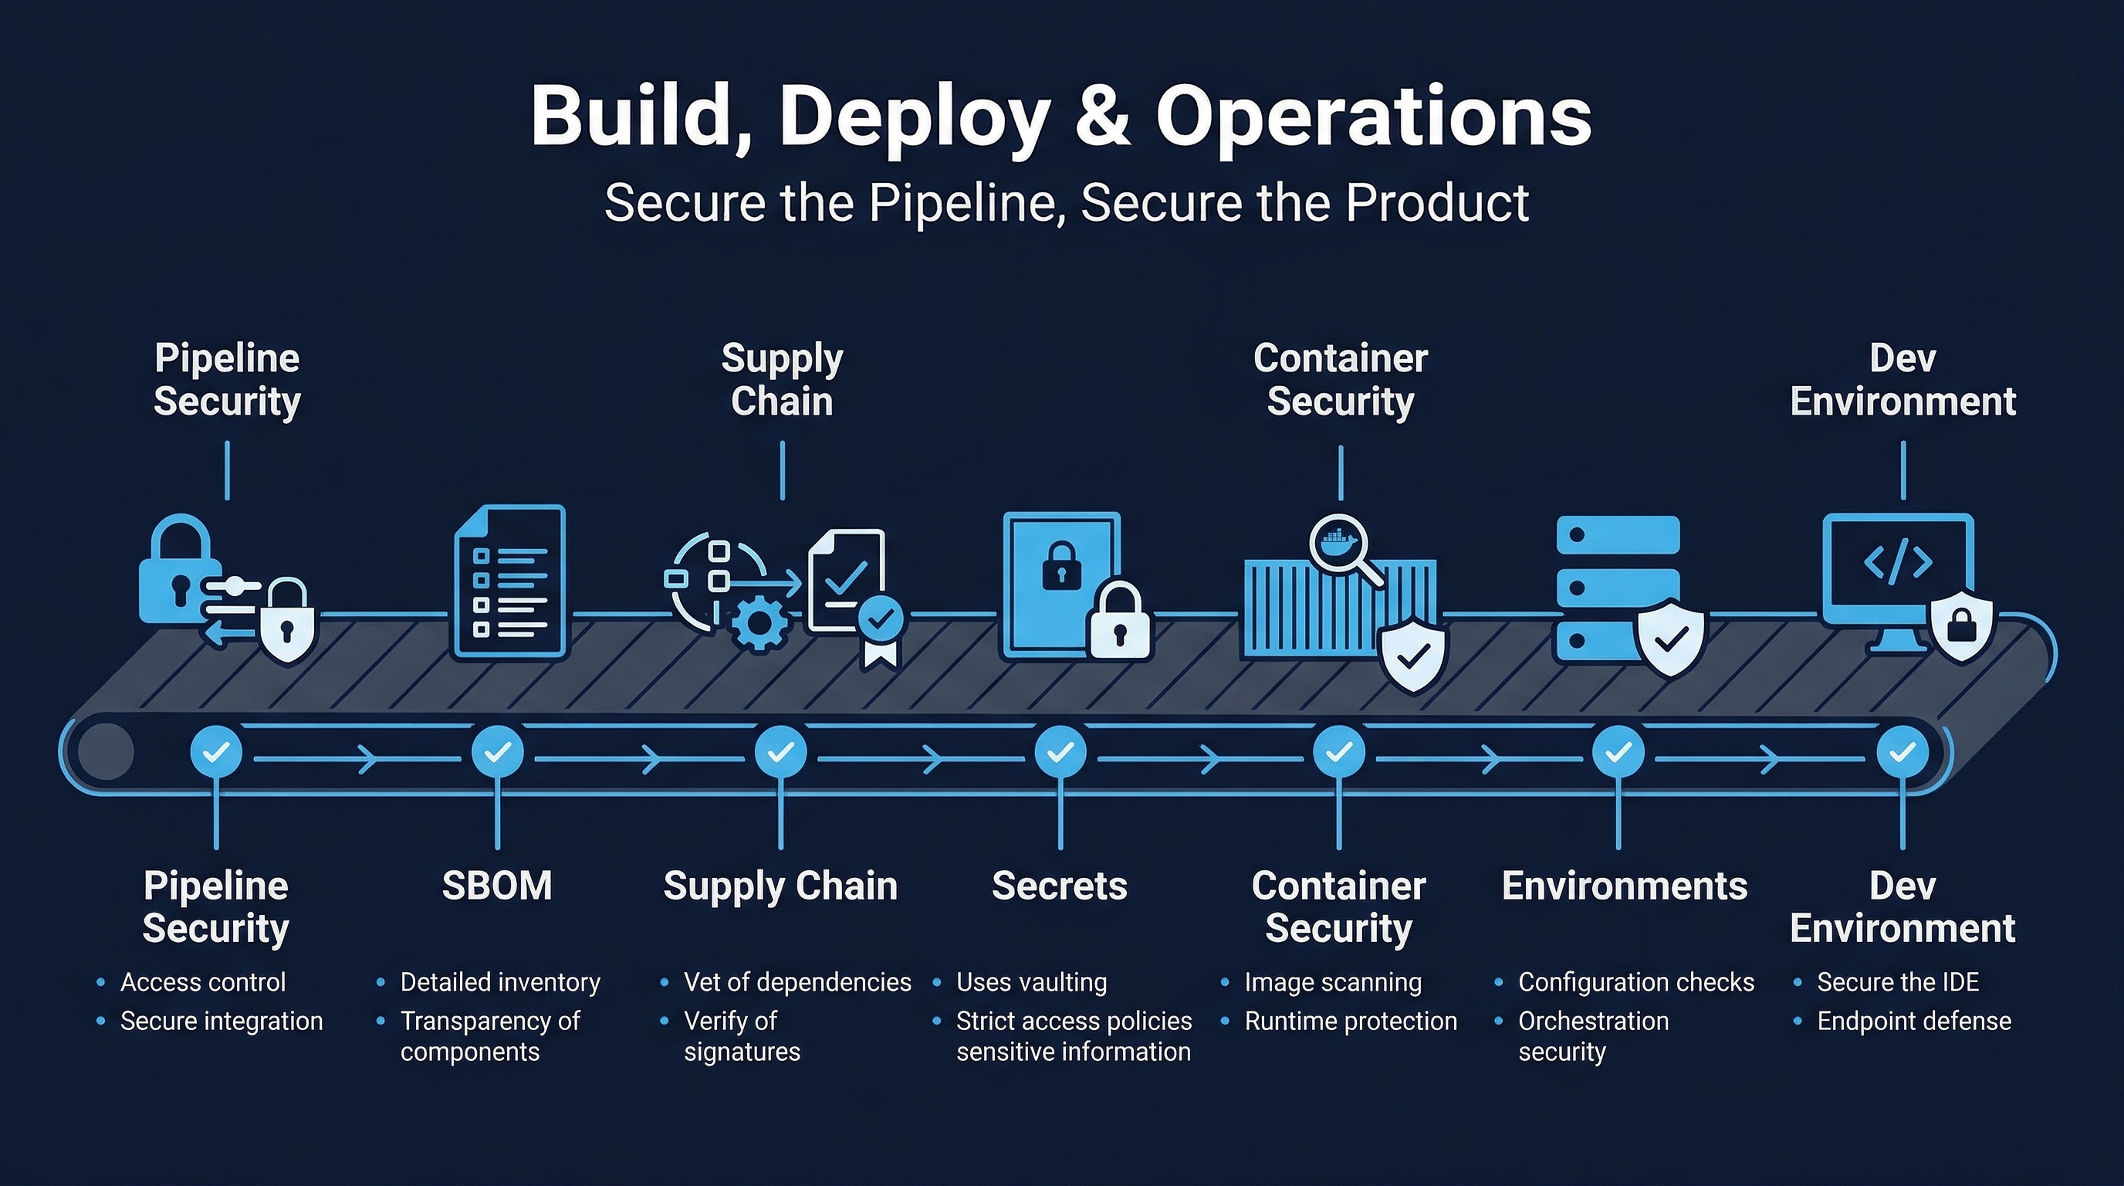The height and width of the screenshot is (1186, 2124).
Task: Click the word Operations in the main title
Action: (1373, 117)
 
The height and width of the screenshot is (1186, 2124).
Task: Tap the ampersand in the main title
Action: (1103, 117)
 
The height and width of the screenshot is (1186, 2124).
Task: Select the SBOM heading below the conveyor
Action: (496, 886)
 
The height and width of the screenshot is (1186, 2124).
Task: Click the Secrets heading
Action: (1060, 886)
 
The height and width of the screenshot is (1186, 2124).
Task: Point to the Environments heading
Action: (1625, 886)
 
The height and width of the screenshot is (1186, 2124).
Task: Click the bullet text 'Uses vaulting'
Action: (1030, 982)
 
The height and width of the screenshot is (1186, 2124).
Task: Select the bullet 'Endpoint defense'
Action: (1913, 1021)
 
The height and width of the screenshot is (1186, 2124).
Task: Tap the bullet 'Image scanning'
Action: (1332, 982)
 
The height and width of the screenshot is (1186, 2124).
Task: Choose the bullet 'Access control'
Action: (203, 982)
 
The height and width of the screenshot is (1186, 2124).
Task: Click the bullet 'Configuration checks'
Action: (1636, 982)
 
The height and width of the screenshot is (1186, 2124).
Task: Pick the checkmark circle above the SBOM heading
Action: (497, 751)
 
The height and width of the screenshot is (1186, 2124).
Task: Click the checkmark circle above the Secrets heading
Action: (1060, 751)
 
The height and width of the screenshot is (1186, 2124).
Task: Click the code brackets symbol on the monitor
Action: (1898, 562)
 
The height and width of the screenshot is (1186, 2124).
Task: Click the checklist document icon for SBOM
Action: (510, 582)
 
